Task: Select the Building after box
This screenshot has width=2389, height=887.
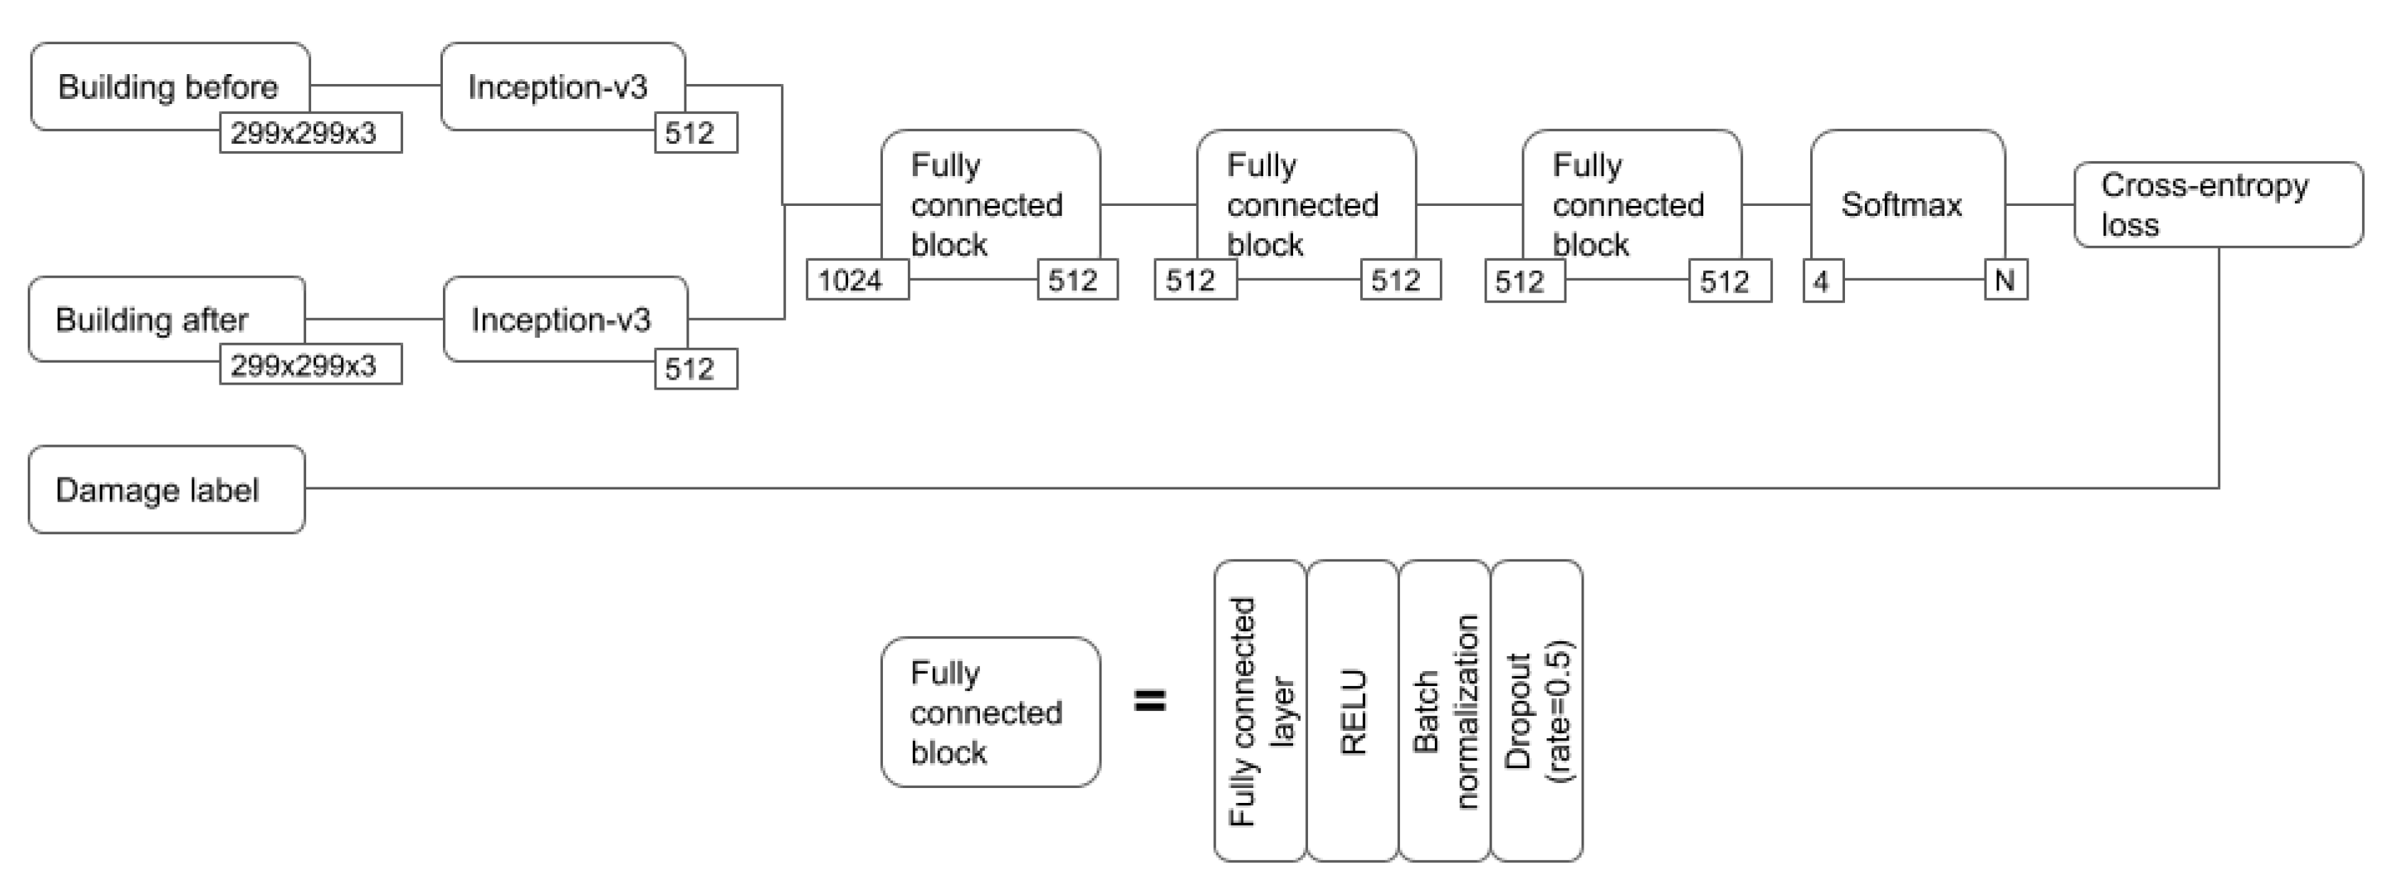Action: [153, 318]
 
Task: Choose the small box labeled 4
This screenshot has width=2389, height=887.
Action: [1822, 280]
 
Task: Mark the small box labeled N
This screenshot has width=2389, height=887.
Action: [2005, 279]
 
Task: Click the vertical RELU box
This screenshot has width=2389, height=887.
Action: [1352, 711]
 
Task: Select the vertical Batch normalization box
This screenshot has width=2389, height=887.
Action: [1444, 711]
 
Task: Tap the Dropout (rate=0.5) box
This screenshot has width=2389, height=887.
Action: [1536, 711]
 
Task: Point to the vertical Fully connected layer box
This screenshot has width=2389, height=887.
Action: [1260, 711]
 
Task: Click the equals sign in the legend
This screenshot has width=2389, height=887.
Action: [1151, 700]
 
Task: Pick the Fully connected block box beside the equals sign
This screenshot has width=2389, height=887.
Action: [990, 712]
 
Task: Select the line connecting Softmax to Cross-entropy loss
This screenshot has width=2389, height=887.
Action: [2039, 204]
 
